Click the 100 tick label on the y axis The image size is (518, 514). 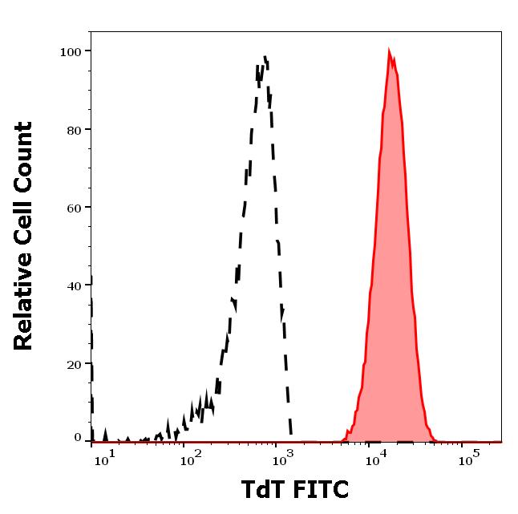[x=71, y=51]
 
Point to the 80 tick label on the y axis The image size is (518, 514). [x=75, y=129]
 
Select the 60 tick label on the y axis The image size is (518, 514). [x=75, y=207]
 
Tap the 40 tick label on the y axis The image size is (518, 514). [x=75, y=285]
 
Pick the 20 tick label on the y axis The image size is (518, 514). [x=75, y=363]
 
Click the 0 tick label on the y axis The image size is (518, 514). [x=78, y=438]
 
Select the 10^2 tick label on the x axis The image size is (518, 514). [x=190, y=459]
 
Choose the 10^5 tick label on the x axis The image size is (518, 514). [x=466, y=459]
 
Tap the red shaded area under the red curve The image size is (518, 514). [x=391, y=281]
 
